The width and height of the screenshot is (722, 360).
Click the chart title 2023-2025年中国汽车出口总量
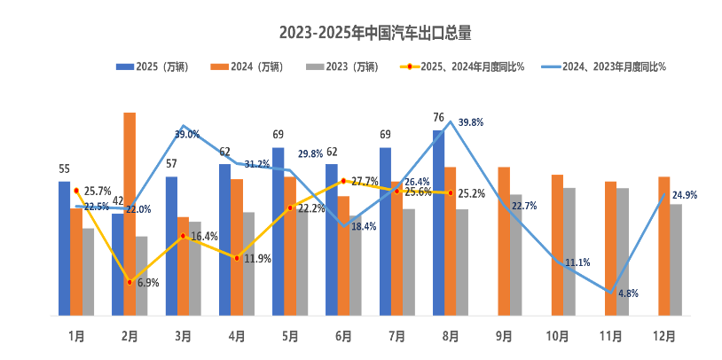(x=375, y=34)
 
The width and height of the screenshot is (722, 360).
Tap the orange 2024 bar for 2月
(x=129, y=213)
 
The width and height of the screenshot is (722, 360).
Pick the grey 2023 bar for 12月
(x=676, y=259)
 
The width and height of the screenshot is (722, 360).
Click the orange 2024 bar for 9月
(x=504, y=240)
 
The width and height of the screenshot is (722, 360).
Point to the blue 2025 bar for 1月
(x=64, y=247)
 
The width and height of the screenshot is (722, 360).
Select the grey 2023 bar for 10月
(x=569, y=251)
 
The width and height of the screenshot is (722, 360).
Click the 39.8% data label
(x=471, y=122)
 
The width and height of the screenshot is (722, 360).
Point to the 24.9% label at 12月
(x=684, y=195)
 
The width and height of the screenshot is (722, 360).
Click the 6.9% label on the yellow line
(x=148, y=283)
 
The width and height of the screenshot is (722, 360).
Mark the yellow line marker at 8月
(x=451, y=192)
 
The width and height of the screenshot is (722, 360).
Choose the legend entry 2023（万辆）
(x=332, y=67)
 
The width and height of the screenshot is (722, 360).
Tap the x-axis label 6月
(x=343, y=337)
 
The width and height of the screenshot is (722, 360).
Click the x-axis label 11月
(x=611, y=337)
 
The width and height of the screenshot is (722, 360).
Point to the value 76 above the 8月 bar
(x=438, y=118)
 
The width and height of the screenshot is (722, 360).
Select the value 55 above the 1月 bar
(x=64, y=169)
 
